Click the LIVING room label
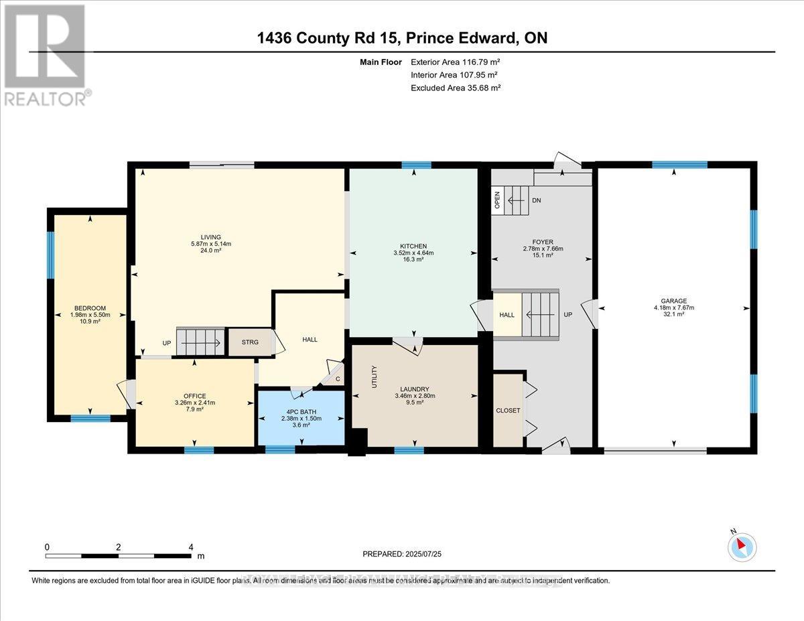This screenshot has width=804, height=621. pyautogui.click(x=211, y=236)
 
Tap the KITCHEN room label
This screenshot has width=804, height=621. pyautogui.click(x=413, y=246)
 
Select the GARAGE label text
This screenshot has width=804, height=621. pyautogui.click(x=673, y=301)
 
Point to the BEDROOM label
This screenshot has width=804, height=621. pyautogui.click(x=90, y=308)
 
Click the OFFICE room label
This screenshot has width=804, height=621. pyautogui.click(x=195, y=396)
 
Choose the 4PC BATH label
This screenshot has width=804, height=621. pyautogui.click(x=301, y=411)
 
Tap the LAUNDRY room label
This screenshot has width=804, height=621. pyautogui.click(x=413, y=389)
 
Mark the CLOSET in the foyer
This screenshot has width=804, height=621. pyautogui.click(x=508, y=411)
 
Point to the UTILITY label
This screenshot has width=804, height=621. pyautogui.click(x=375, y=376)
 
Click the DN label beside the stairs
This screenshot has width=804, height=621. pyautogui.click(x=536, y=200)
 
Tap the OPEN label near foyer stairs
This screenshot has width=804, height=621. pyautogui.click(x=497, y=201)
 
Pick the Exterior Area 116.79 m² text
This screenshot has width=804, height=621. pyautogui.click(x=456, y=62)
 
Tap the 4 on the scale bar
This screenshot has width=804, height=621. pyautogui.click(x=191, y=547)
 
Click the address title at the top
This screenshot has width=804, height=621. pyautogui.click(x=402, y=38)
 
